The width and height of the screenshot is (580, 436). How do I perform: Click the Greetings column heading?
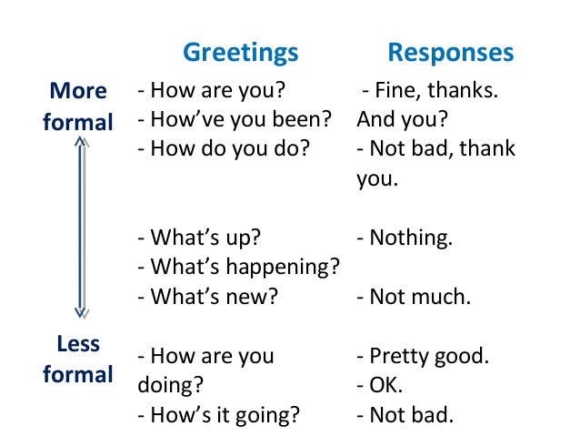(240, 53)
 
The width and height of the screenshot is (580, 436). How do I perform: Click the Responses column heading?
(450, 53)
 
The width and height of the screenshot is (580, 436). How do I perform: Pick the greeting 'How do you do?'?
(222, 149)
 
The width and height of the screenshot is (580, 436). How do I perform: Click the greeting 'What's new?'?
(207, 296)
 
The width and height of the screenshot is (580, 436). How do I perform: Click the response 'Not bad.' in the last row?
(405, 415)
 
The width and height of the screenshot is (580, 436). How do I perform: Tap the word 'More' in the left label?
(77, 91)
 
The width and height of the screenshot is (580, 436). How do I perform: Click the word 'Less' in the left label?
(78, 344)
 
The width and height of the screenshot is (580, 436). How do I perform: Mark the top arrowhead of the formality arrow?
(80, 142)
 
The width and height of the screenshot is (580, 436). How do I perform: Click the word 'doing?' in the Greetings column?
(170, 385)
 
